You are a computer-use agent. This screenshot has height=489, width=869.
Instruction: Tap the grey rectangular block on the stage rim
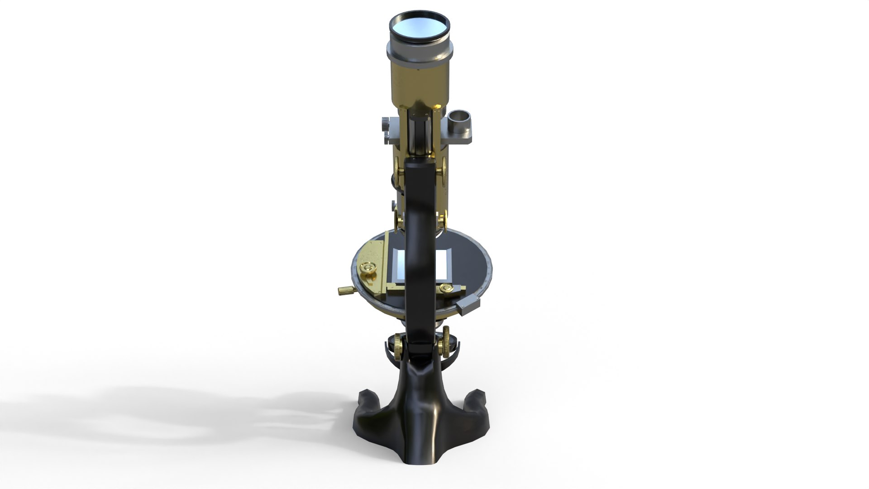[468, 305]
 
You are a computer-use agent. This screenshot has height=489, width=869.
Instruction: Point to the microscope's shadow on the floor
[181, 412]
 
